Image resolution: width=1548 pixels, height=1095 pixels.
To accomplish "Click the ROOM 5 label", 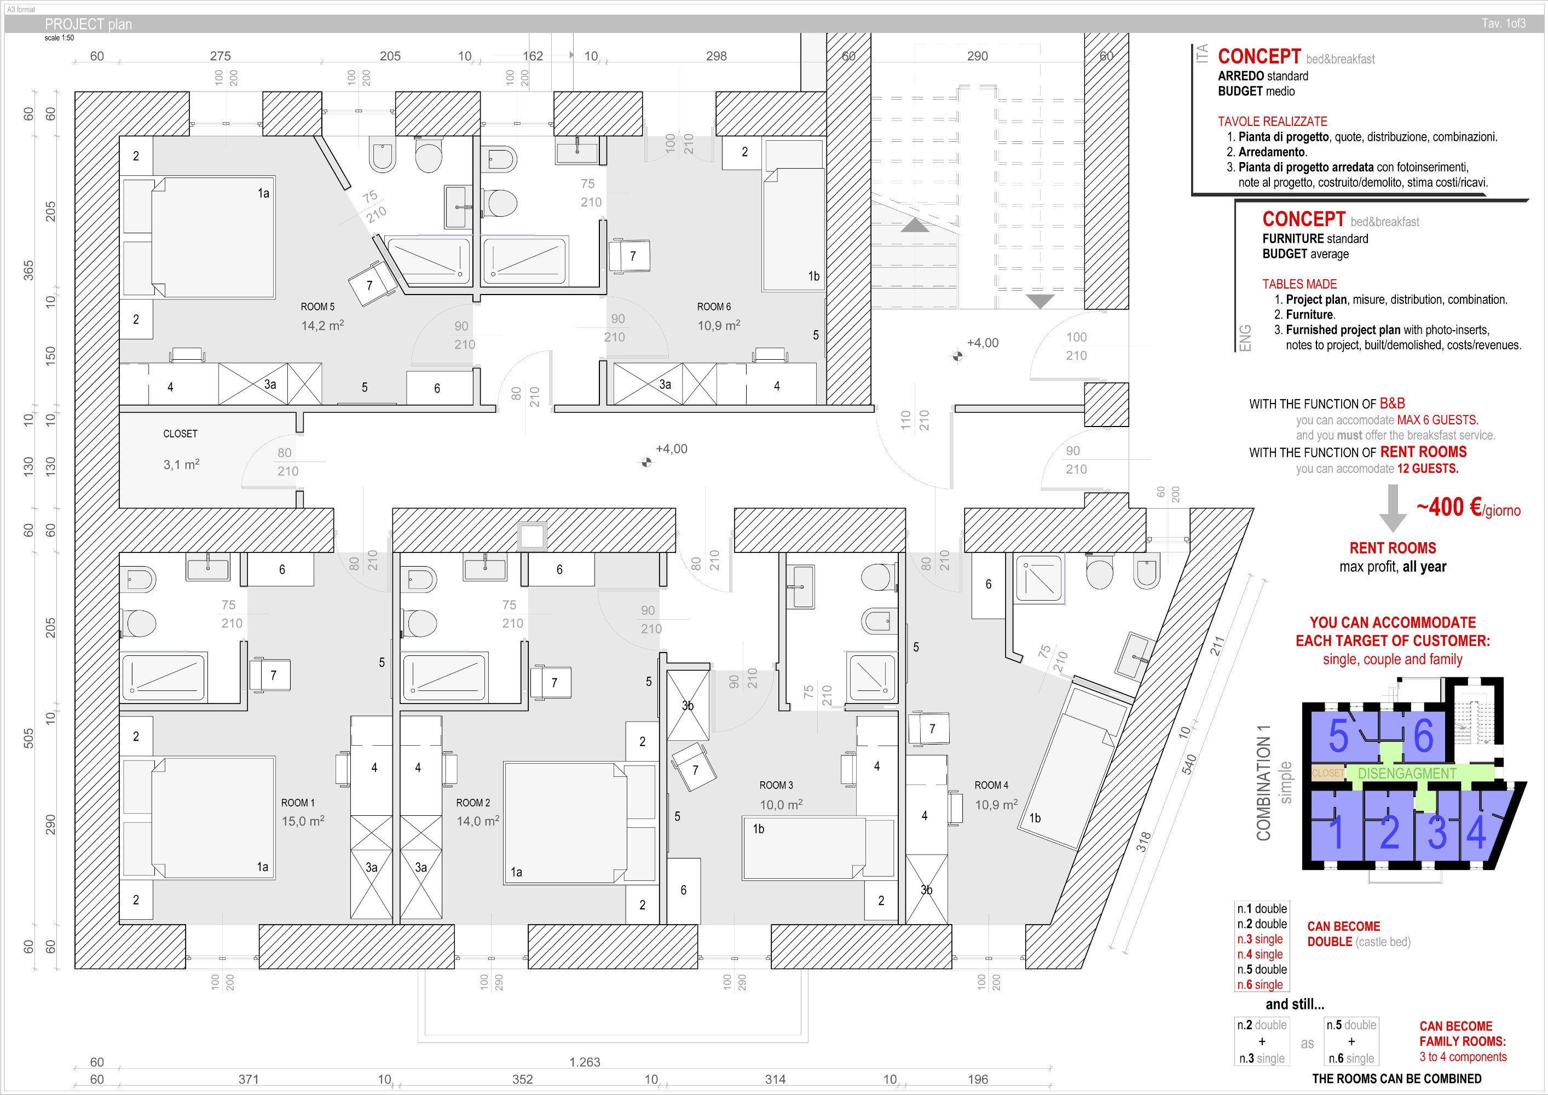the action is pyautogui.click(x=317, y=307).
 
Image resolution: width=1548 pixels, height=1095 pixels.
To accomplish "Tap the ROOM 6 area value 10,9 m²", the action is pyautogui.click(x=718, y=326).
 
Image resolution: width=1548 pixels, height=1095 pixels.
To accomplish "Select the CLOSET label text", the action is pyautogui.click(x=180, y=434).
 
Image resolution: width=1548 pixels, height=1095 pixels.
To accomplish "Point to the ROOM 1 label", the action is pyautogui.click(x=297, y=803).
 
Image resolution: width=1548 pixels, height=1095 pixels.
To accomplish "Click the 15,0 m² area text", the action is pyautogui.click(x=303, y=821).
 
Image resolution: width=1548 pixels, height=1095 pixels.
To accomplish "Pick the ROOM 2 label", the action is pyautogui.click(x=472, y=803).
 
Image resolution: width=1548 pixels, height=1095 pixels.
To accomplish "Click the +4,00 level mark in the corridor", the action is pyautogui.click(x=671, y=449).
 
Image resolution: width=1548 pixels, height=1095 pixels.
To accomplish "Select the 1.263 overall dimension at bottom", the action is pyautogui.click(x=585, y=1062).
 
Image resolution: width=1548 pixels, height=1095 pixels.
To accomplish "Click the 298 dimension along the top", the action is pyautogui.click(x=716, y=56).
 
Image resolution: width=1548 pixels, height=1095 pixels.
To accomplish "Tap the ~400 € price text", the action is pyautogui.click(x=1449, y=507).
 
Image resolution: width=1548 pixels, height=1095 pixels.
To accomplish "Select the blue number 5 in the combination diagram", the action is pyautogui.click(x=1338, y=736).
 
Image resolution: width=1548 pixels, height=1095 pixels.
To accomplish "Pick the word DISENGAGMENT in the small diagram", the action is pyautogui.click(x=1407, y=774).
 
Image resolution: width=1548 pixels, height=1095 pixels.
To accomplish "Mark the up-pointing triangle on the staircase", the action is pyautogui.click(x=915, y=225).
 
